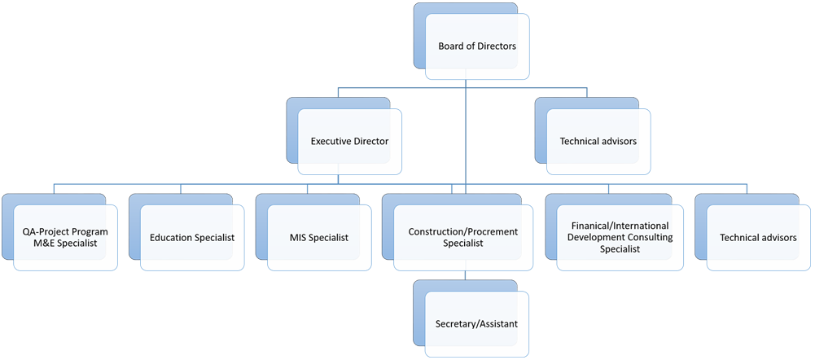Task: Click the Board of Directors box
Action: [x=476, y=46]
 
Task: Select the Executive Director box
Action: [x=349, y=142]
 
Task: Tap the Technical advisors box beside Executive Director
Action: [x=598, y=142]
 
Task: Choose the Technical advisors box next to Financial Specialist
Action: [x=758, y=238]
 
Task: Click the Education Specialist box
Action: [x=192, y=238]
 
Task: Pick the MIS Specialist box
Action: [x=318, y=238]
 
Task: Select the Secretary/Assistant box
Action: [x=476, y=324]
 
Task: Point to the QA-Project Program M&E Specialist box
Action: [x=65, y=238]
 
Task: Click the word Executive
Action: [x=330, y=142]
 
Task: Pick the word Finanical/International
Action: [x=620, y=226]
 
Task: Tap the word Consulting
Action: [x=646, y=238]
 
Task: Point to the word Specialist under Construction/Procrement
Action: [x=463, y=244]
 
